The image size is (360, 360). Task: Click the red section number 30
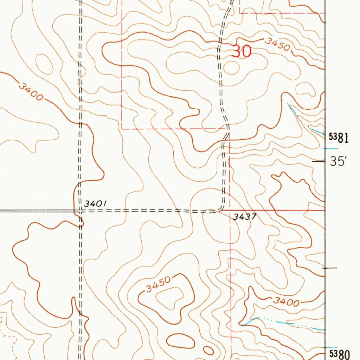[242, 52]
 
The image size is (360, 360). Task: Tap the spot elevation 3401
[95, 204]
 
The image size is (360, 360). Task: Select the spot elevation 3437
[244, 217]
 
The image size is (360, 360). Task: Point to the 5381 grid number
[339, 137]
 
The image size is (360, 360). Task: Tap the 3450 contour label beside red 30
[277, 44]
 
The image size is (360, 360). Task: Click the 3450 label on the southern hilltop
[158, 284]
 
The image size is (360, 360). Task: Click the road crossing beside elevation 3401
[80, 211]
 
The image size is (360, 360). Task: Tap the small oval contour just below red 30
[231, 68]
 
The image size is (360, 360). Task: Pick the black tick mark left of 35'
[319, 162]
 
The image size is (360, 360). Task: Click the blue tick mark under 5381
[331, 148]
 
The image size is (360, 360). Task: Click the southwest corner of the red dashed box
[122, 129]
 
